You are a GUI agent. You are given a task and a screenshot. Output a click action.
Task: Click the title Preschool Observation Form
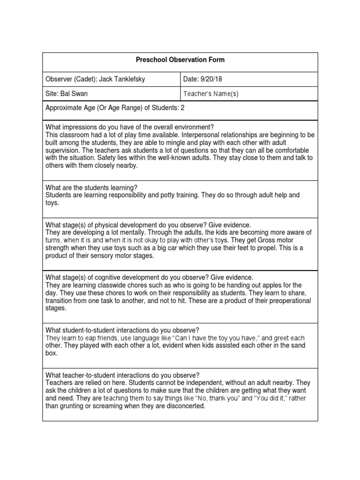point(180,60)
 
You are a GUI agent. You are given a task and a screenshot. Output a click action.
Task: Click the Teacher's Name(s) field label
point(211,94)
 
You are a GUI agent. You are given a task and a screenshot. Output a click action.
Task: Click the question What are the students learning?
point(91,187)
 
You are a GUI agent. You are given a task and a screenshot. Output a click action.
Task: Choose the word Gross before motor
point(272,240)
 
